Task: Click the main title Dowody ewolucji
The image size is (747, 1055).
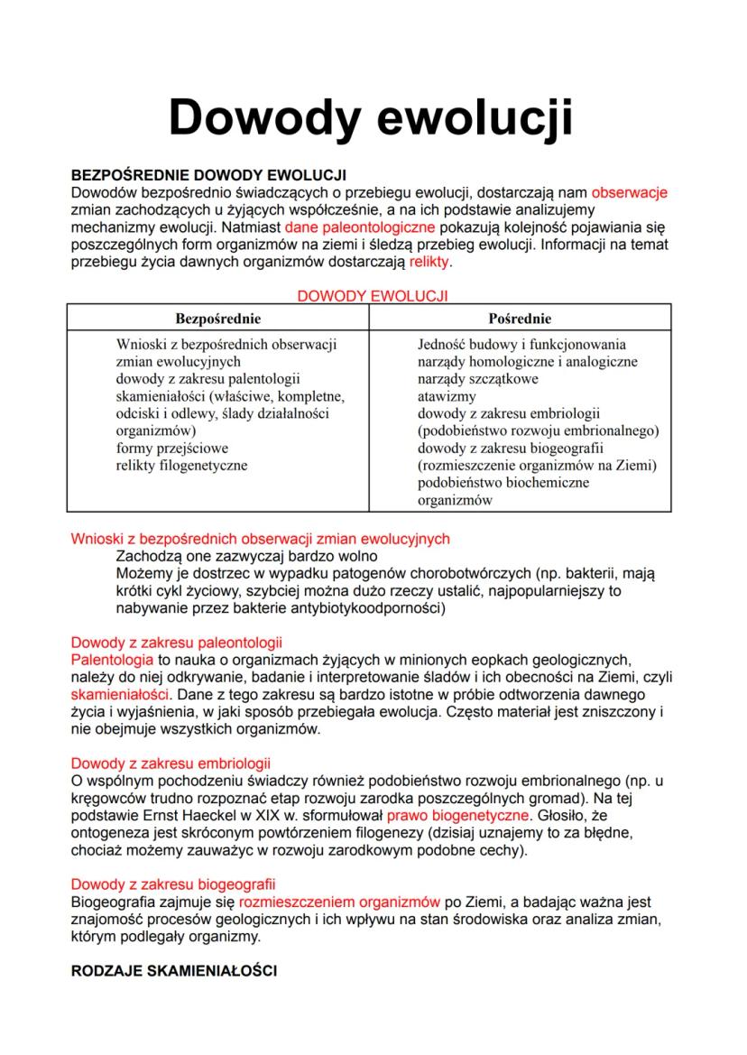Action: pos(371,118)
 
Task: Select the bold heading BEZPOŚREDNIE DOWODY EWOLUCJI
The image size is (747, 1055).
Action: pos(208,175)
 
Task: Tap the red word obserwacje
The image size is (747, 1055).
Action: pos(629,192)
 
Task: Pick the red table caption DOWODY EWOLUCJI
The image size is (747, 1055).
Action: pos(373,295)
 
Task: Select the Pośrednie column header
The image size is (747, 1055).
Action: pos(520,319)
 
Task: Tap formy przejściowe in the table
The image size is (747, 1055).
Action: pos(172,448)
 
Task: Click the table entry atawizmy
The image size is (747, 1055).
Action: pos(445,396)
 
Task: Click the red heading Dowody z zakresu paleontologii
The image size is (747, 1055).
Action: pos(176,643)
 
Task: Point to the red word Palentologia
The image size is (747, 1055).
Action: pos(112,661)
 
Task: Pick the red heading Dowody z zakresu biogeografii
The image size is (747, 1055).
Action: pos(173,884)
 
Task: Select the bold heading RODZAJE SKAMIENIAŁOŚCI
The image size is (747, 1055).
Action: pos(174,971)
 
